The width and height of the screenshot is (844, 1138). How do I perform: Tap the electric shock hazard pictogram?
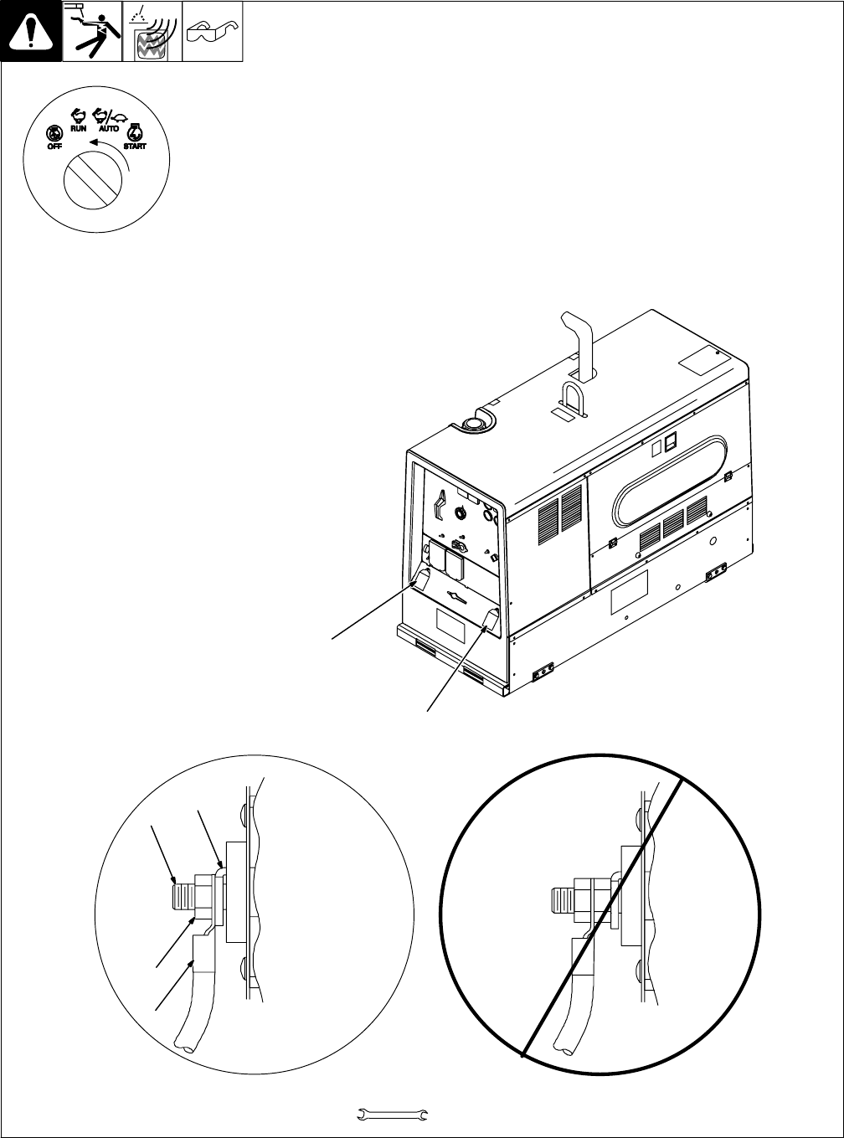[92, 31]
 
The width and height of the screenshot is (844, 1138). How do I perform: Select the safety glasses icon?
[212, 33]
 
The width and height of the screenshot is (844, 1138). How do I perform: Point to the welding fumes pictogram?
[152, 32]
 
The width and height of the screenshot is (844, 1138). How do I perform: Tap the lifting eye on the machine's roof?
[572, 398]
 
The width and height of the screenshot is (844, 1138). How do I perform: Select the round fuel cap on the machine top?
[474, 423]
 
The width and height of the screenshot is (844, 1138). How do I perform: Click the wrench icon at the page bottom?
[393, 1114]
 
